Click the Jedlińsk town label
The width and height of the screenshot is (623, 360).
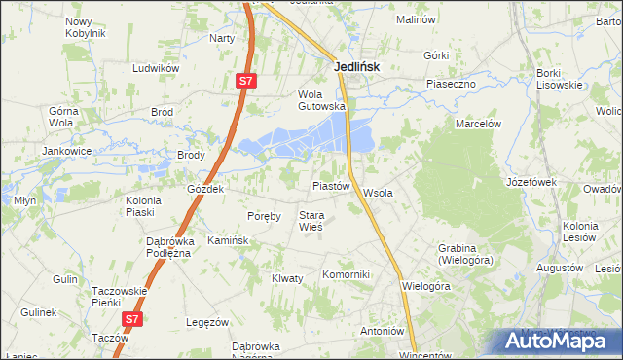355,67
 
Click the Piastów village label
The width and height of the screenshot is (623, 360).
330,185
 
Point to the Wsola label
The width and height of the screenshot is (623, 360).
378,193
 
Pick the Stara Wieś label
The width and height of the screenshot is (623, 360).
311,221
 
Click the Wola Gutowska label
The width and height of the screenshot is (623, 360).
321,100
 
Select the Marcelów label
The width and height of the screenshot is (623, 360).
478,124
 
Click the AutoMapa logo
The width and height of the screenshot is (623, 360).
559,342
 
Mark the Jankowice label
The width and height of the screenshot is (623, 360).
66,151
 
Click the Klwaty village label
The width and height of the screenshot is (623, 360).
287,278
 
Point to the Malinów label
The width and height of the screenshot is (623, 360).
415,18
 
